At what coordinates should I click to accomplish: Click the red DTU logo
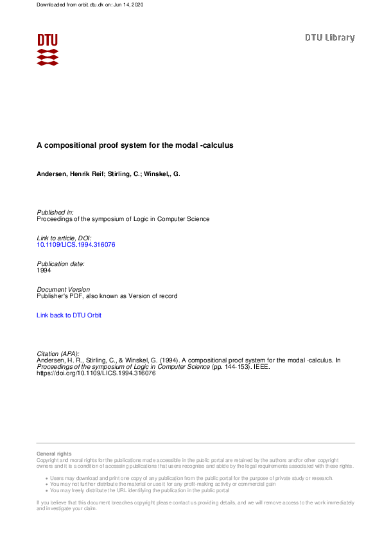point(48,49)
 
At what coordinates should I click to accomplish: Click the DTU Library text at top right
point(329,38)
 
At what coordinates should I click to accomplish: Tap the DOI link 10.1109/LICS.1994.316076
point(76,245)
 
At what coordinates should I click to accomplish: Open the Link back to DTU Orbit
point(69,315)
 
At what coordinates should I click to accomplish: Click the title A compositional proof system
point(134,145)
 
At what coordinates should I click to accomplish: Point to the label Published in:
point(55,212)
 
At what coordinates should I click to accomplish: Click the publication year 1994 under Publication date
point(44,270)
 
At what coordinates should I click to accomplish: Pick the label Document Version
point(64,290)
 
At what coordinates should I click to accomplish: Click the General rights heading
point(55,454)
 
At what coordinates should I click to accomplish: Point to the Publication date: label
point(61,264)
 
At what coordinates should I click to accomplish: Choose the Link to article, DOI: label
point(64,238)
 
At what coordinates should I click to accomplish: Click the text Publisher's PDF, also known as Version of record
point(107,296)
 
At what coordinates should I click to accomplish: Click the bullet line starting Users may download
point(189,479)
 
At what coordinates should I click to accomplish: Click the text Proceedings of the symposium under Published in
point(123,219)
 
